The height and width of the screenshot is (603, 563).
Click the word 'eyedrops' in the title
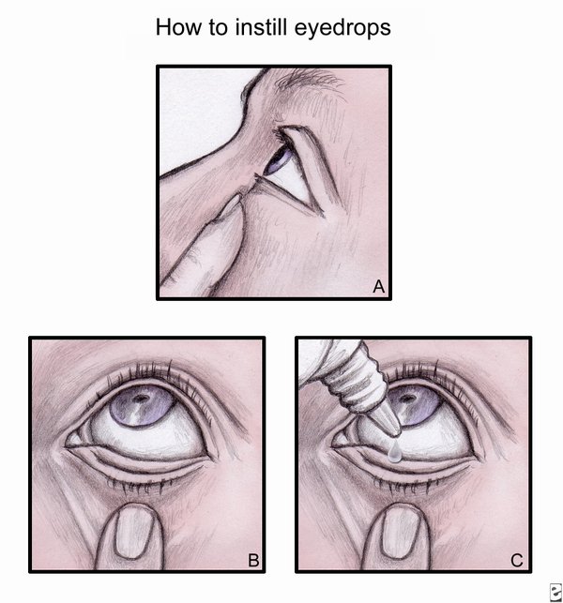tap(342, 28)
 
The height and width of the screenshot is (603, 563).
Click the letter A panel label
tap(379, 287)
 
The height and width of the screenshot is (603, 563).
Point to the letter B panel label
tap(253, 560)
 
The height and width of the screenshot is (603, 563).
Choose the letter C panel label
tap(517, 560)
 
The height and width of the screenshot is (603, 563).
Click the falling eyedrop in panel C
tap(394, 452)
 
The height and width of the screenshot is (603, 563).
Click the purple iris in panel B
tap(142, 406)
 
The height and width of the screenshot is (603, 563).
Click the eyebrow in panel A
tap(308, 83)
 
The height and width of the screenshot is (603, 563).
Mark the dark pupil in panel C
tap(406, 398)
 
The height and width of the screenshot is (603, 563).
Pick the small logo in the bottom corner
tap(555, 592)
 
